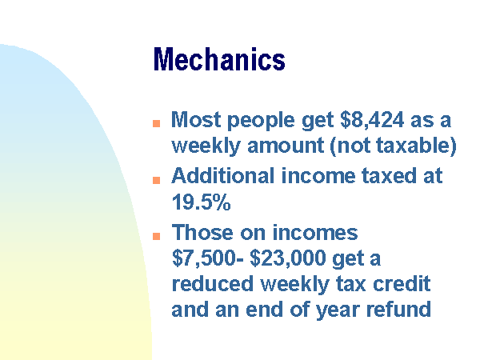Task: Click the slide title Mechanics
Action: pyautogui.click(x=219, y=59)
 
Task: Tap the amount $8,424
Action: pyautogui.click(x=372, y=120)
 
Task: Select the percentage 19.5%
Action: pyautogui.click(x=201, y=202)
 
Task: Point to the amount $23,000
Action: pyautogui.click(x=288, y=258)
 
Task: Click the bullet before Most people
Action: pyautogui.click(x=157, y=123)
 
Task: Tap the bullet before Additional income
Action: pyautogui.click(x=157, y=180)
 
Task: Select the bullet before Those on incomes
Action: pyautogui.click(x=157, y=236)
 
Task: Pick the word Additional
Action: pyautogui.click(x=223, y=176)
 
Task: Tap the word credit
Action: pyautogui.click(x=402, y=284)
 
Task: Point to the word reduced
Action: pyautogui.click(x=213, y=284)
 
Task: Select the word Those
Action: pyautogui.click(x=202, y=232)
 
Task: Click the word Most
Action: pyautogui.click(x=196, y=119)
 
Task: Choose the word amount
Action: pyautogui.click(x=286, y=146)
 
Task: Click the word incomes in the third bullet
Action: pyautogui.click(x=315, y=233)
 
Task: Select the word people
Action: pyautogui.click(x=261, y=121)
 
